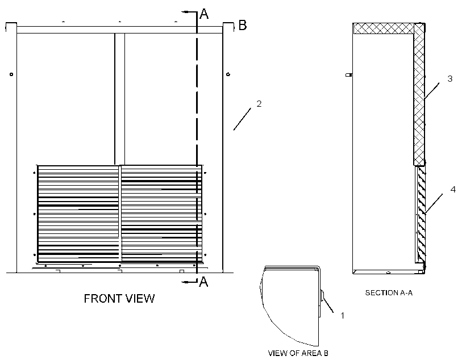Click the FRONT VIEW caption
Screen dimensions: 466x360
tap(119, 299)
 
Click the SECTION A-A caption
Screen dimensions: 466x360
tap(389, 293)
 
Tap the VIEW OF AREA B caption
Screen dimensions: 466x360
tap(298, 353)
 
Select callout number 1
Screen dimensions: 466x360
tap(342, 316)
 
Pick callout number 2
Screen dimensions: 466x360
tap(259, 104)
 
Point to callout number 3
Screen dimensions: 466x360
tap(450, 79)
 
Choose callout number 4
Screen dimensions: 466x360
tap(453, 189)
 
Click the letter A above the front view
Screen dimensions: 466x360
tap(204, 14)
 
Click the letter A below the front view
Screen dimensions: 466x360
tap(203, 282)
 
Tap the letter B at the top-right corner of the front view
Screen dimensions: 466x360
tap(243, 25)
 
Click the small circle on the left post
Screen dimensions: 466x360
tap(11, 74)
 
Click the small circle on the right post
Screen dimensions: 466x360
tap(228, 74)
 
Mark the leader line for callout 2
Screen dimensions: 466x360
tap(242, 119)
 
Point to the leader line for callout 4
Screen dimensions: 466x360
tap(434, 204)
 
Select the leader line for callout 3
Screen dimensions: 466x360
tap(432, 91)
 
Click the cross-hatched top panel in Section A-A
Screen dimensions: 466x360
tap(384, 28)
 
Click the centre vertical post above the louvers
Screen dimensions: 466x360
tap(120, 99)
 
